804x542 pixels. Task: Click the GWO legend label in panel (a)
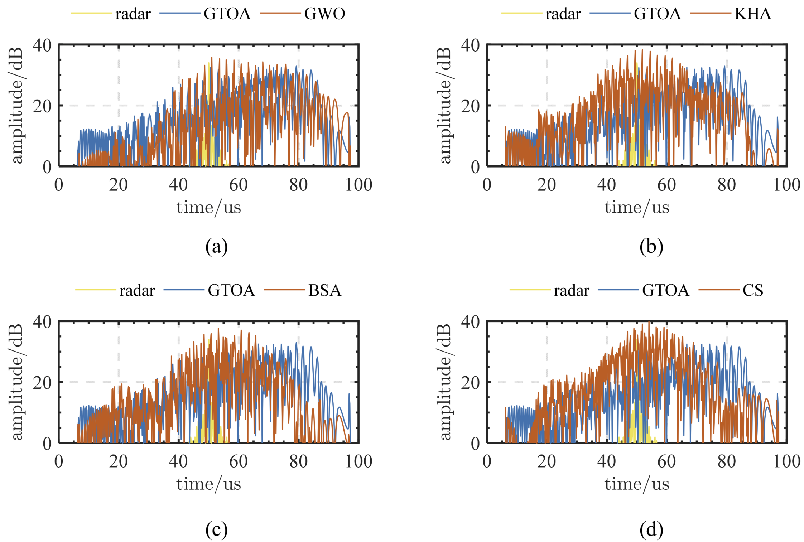[324, 14]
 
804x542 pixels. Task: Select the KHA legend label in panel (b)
[752, 14]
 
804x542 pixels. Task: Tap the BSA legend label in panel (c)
[324, 290]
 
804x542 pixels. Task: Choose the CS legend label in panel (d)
[752, 290]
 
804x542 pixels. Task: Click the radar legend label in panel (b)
[563, 14]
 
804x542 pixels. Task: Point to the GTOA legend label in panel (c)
[231, 290]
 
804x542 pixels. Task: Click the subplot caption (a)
[216, 247]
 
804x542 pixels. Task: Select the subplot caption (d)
[651, 529]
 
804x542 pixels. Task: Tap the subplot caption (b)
[651, 247]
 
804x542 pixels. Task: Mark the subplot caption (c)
[216, 529]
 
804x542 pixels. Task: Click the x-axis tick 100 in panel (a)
[358, 185]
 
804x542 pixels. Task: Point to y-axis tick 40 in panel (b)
[470, 45]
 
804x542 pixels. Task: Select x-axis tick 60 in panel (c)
[238, 461]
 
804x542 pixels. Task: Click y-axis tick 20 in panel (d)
[470, 383]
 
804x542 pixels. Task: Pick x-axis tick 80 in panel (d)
[726, 461]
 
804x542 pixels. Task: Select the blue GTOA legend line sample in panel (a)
[180, 14]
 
